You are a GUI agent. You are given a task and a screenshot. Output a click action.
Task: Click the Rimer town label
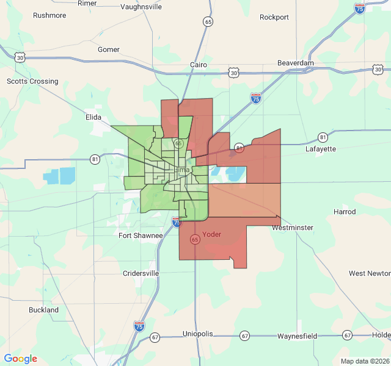tap(87, 3)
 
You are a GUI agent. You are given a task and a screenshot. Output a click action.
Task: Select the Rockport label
tap(274, 17)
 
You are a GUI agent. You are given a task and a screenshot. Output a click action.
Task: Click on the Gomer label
tap(109, 49)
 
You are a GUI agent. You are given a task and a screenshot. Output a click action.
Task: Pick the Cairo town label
tap(199, 65)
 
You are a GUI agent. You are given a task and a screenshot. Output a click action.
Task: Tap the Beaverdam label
tap(296, 63)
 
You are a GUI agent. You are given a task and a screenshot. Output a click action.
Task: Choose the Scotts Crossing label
tap(32, 81)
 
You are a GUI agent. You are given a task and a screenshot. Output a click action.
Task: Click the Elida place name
tap(93, 117)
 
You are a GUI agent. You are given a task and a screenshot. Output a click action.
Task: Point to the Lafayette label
tap(321, 148)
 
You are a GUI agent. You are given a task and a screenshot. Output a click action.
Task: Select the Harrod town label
tap(345, 212)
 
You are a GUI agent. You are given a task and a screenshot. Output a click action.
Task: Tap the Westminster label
tap(293, 228)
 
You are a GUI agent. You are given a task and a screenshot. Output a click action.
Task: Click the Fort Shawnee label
tap(141, 235)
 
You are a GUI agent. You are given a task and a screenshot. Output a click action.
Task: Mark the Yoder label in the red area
tap(211, 234)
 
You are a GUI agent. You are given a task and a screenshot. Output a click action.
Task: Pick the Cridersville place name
tap(141, 273)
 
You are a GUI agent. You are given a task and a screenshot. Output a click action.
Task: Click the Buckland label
tap(44, 310)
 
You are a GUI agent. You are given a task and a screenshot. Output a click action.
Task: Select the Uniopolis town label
tap(197, 334)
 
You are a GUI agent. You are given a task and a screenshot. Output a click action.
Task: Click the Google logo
tap(21, 359)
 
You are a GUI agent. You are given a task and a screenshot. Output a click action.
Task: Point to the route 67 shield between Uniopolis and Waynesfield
tap(245, 336)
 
